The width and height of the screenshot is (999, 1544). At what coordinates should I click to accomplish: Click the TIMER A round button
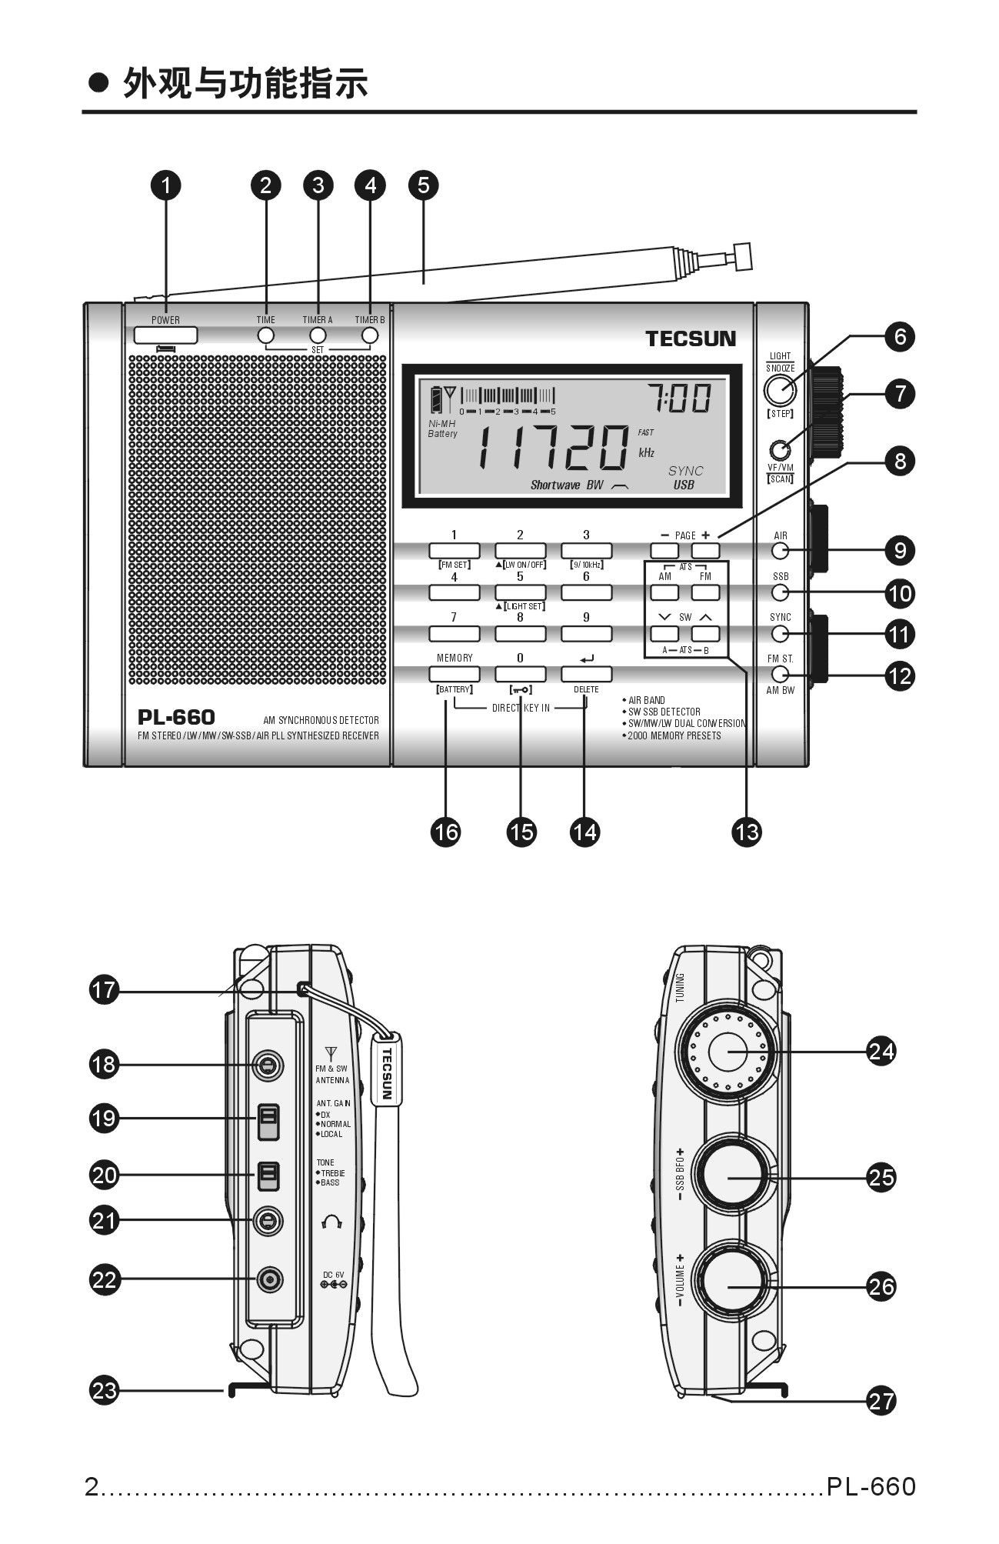[318, 335]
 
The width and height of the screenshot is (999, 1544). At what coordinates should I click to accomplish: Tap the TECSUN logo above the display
[690, 339]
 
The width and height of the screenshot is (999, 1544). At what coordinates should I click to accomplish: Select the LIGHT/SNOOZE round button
[780, 390]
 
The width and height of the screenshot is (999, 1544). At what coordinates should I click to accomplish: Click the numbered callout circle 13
[747, 832]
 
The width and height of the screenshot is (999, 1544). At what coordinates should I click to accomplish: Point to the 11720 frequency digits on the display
[553, 447]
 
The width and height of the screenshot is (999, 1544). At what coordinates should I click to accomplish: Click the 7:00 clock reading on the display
[679, 399]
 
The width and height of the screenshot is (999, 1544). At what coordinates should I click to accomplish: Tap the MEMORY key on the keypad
[454, 674]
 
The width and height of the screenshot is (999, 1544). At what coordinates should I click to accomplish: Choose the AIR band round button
[781, 551]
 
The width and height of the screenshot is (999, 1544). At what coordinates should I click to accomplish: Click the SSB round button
[781, 592]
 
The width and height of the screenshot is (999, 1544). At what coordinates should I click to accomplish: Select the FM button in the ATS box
[705, 592]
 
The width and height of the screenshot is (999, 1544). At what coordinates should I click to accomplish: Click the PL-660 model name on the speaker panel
[176, 717]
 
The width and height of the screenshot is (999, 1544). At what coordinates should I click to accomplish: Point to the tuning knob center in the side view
[727, 1051]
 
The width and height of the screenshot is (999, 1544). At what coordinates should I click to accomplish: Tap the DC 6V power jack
[269, 1279]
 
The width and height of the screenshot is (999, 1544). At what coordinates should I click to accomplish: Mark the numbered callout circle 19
[104, 1118]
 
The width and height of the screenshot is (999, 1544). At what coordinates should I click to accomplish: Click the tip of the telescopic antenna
[743, 256]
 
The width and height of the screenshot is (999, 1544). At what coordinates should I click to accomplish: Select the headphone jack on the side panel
[268, 1220]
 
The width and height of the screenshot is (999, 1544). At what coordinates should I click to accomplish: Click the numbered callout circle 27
[881, 1400]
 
